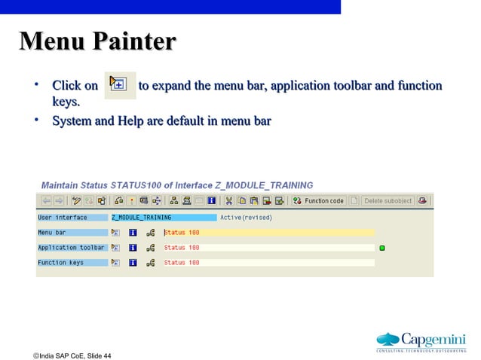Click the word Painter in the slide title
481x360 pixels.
coord(134,42)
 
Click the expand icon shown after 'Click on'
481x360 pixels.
coord(118,85)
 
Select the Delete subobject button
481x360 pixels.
coord(388,201)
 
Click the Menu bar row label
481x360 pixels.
coord(52,233)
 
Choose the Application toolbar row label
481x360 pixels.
coord(72,248)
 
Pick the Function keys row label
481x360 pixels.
coord(61,263)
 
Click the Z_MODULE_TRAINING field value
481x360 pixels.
coord(141,218)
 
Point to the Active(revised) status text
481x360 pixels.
coord(246,218)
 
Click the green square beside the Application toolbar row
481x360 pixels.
coord(382,248)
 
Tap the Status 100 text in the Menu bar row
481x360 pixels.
coord(182,233)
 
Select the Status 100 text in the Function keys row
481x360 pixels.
coord(182,263)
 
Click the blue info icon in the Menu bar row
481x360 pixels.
coord(133,233)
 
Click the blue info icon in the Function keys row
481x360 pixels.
coord(133,263)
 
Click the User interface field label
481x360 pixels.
coord(63,218)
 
